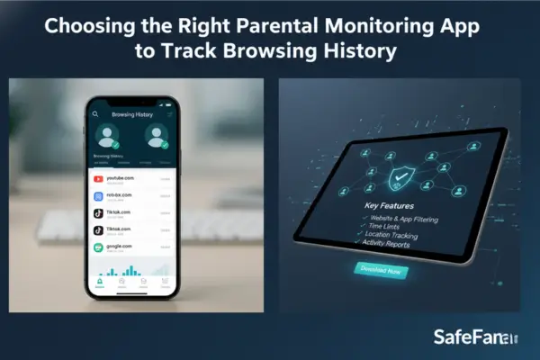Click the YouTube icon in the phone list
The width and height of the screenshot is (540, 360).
99,179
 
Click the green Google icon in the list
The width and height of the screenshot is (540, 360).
99,247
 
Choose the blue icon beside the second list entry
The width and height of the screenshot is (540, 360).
99,196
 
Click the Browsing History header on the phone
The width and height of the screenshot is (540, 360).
133,115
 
